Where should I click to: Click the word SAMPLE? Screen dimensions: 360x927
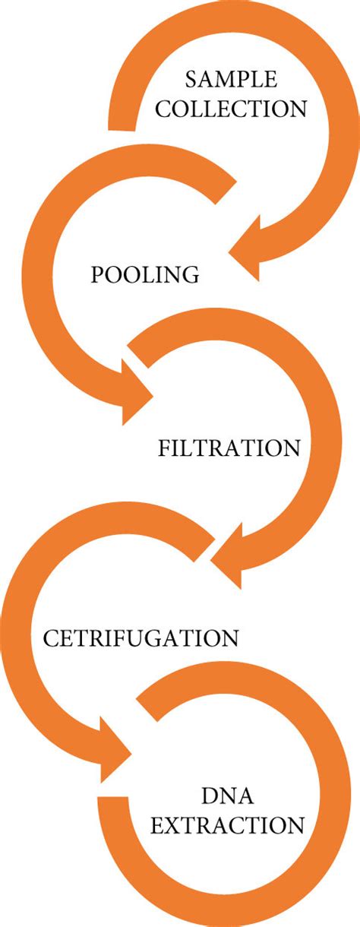pyautogui.click(x=231, y=80)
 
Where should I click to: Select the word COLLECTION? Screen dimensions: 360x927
pyautogui.click(x=232, y=109)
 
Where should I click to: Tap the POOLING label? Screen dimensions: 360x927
pyautogui.click(x=145, y=274)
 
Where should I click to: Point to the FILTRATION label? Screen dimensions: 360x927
pyautogui.click(x=229, y=448)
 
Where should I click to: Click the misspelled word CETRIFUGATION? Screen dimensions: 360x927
pyautogui.click(x=141, y=638)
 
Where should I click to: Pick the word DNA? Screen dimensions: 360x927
pyautogui.click(x=227, y=796)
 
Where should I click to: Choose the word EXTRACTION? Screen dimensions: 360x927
pyautogui.click(x=227, y=825)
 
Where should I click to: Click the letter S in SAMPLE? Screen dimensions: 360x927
pyautogui.click(x=191, y=80)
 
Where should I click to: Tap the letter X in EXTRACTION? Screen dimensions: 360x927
pyautogui.click(x=173, y=825)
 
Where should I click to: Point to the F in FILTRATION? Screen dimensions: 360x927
pyautogui.click(x=164, y=448)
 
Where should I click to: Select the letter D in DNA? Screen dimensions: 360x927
pyautogui.click(x=209, y=796)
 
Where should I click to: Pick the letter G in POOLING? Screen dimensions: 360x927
pyautogui.click(x=191, y=274)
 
